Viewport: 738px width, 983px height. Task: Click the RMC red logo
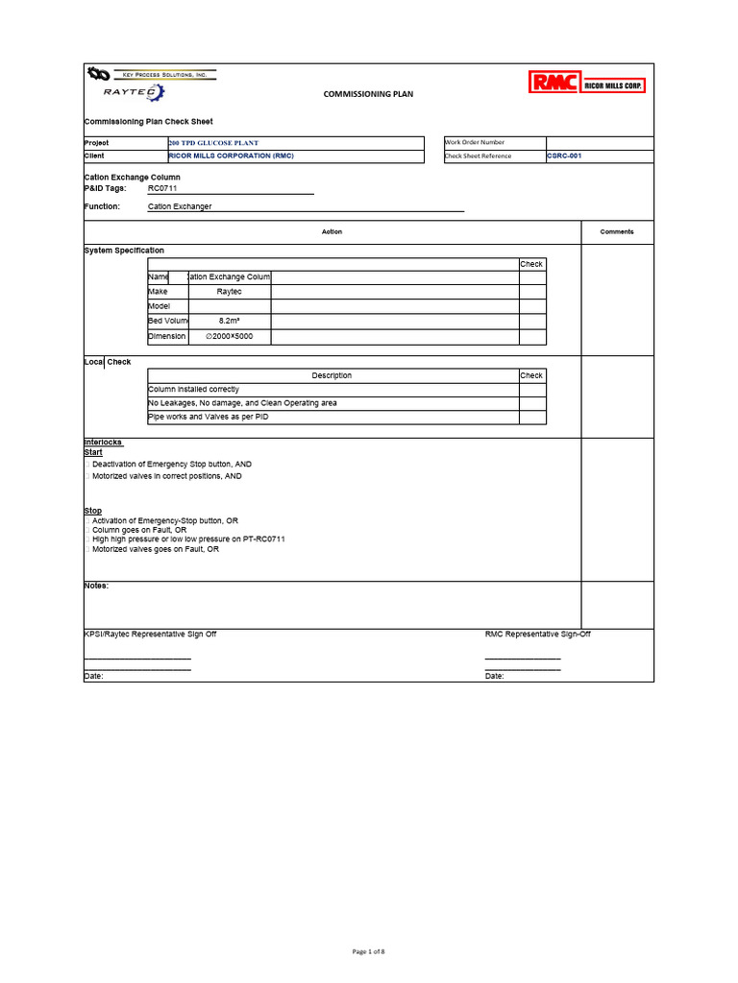tap(553, 84)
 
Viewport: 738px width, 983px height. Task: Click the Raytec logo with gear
tap(135, 92)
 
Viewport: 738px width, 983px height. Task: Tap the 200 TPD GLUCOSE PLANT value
tap(213, 143)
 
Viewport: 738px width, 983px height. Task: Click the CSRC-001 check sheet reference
tap(564, 156)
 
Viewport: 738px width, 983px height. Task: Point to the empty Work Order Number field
tap(600, 143)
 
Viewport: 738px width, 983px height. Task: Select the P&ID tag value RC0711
tap(162, 189)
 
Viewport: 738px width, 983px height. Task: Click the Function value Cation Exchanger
tap(180, 206)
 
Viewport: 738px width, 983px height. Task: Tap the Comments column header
tap(617, 231)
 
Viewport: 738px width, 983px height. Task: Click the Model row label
tap(159, 306)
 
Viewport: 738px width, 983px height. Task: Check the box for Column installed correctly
tap(532, 390)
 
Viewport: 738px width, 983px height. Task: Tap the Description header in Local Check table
tap(332, 375)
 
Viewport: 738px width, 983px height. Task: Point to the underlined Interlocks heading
tap(104, 442)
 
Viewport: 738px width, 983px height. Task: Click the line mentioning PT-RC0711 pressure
tap(188, 539)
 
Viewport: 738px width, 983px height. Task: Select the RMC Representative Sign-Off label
tap(537, 635)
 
